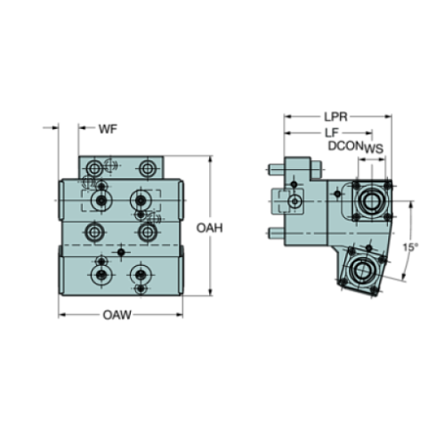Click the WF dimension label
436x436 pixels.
108,131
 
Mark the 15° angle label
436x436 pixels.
410,246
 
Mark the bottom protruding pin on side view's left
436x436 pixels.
270,234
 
